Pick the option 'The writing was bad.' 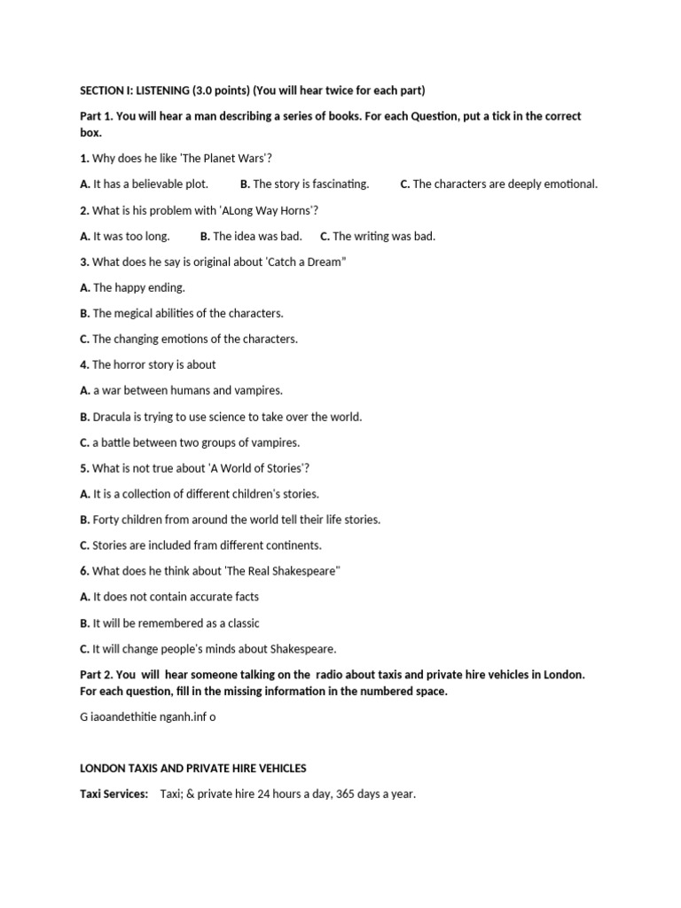384,236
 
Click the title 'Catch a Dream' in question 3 305,262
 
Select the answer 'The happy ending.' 138,287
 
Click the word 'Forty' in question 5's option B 107,520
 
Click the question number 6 84,571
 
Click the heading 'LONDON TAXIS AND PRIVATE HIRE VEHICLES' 193,768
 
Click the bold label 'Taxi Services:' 114,794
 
